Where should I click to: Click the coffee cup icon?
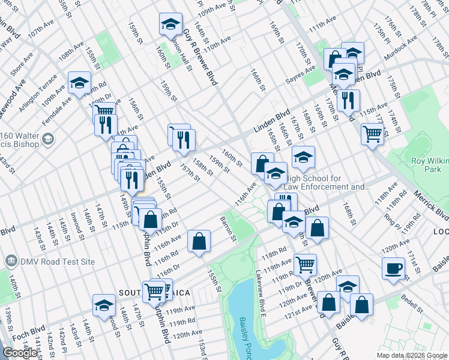393,268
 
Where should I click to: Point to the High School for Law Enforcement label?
327,182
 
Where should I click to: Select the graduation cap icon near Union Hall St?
170,24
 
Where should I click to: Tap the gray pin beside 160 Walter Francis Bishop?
49,139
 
